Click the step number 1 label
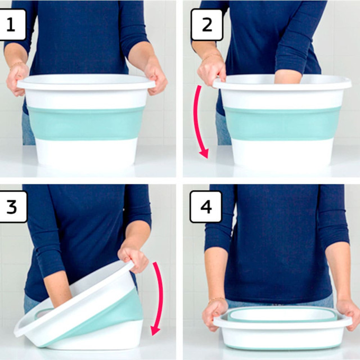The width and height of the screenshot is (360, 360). tap(12, 25)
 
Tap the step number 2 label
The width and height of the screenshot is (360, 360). tap(207, 25)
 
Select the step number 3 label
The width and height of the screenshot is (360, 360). tap(12, 206)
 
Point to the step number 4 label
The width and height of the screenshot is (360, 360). tap(206, 206)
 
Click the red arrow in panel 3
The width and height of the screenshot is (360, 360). tap(160, 299)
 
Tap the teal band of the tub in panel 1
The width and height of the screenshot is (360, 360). tap(85, 123)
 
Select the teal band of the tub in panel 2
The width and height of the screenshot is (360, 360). tap(282, 124)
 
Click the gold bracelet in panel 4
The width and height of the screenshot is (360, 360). tap(217, 300)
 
